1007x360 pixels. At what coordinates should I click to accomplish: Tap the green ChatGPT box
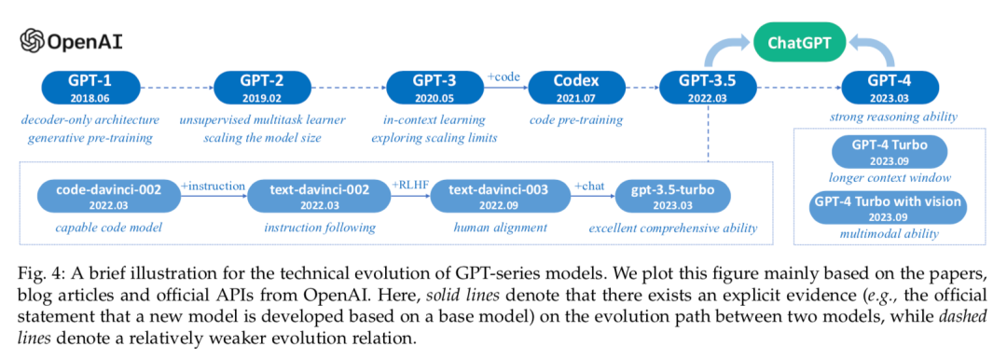(800, 42)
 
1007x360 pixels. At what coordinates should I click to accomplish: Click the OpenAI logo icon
(32, 42)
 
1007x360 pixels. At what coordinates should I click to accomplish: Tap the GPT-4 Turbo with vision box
(889, 208)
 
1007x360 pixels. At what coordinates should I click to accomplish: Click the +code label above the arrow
(506, 77)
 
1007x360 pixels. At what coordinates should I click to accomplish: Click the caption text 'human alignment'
(501, 227)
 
